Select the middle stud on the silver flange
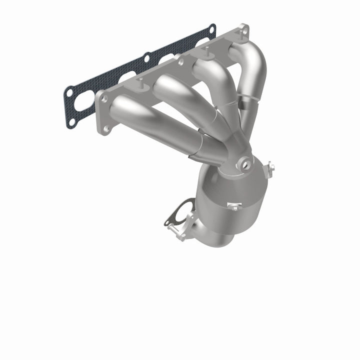pyautogui.click(x=204, y=50)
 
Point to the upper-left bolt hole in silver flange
pyautogui.click(x=104, y=98)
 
